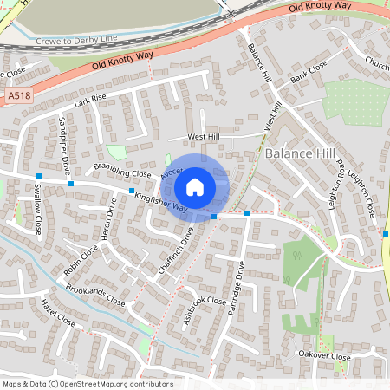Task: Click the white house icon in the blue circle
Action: [195, 185]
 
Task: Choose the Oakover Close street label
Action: [323, 356]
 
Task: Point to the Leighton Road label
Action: [341, 181]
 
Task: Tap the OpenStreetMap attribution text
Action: [88, 384]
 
